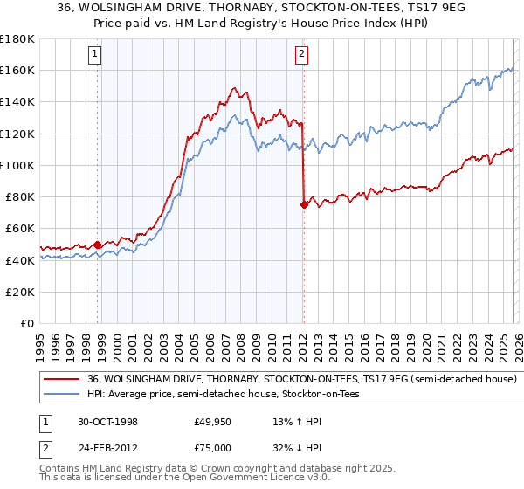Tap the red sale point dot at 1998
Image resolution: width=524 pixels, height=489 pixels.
(x=98, y=244)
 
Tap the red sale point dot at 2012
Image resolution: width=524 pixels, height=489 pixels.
(x=304, y=204)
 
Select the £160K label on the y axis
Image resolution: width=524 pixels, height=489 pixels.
(x=17, y=70)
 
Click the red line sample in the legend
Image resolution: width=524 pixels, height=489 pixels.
(x=62, y=380)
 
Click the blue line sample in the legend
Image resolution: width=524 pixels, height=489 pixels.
(x=62, y=395)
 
